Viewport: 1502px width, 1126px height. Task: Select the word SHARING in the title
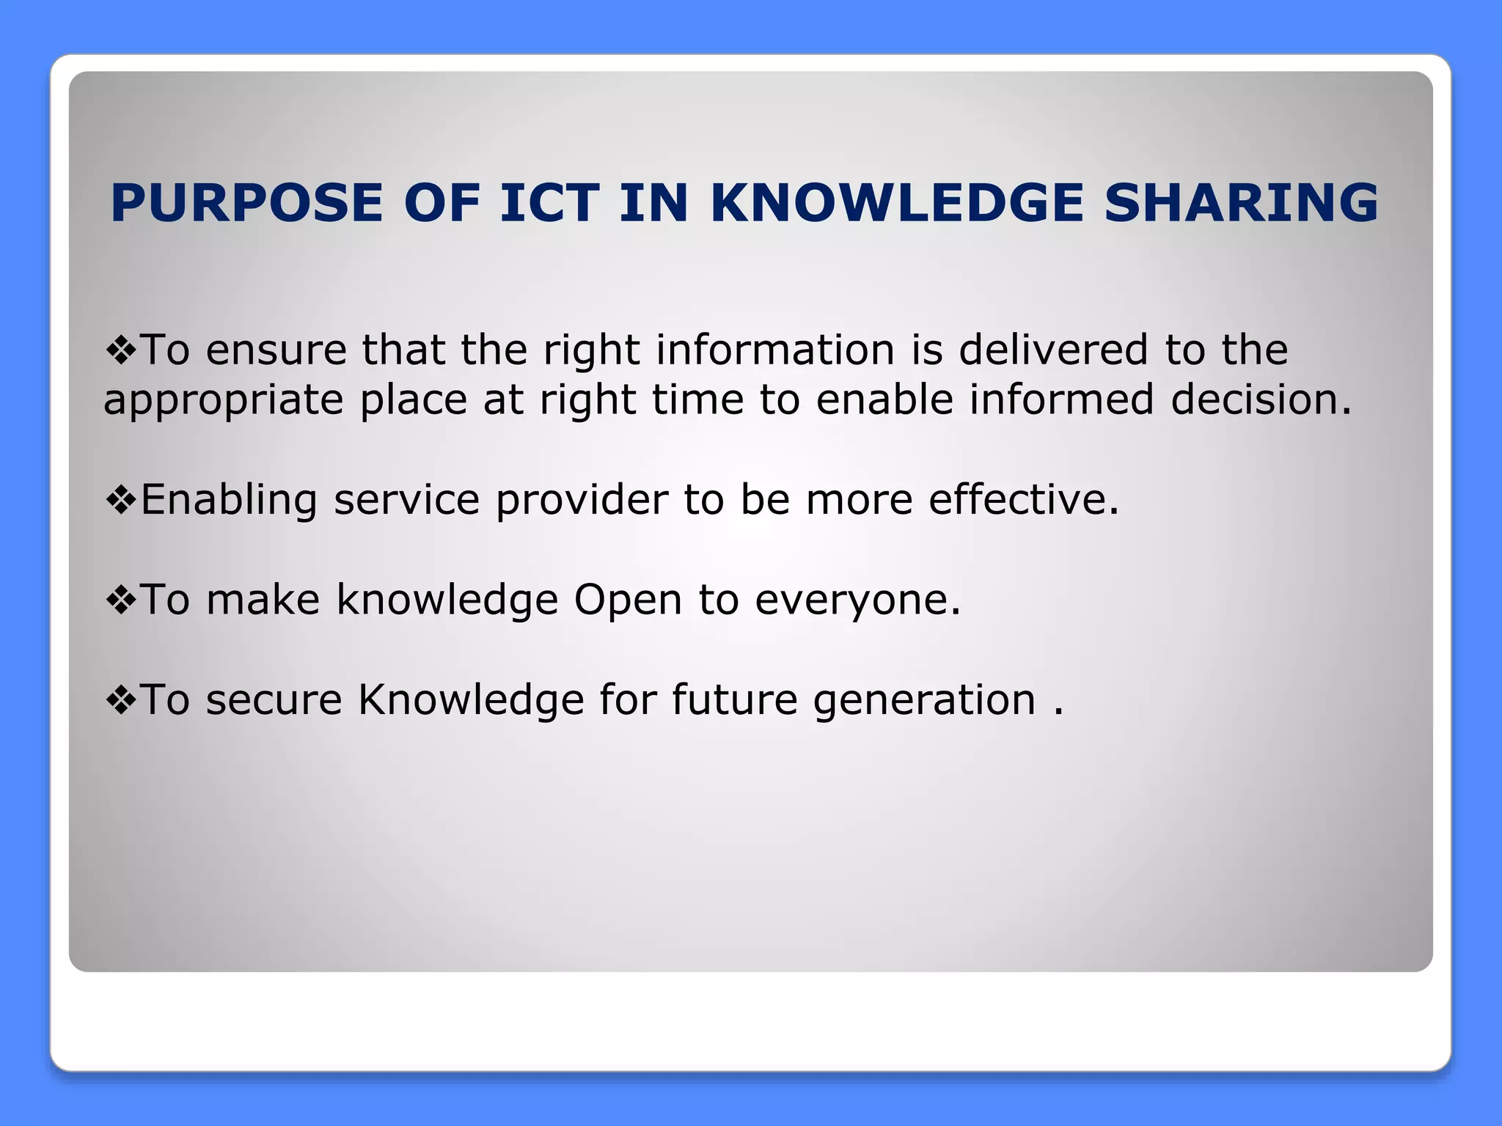[1241, 203]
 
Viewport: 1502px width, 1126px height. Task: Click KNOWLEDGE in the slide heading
[897, 203]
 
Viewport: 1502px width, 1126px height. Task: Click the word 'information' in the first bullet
[774, 350]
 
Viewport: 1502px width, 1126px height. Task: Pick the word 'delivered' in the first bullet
[1052, 350]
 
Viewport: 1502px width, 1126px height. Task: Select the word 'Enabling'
[228, 501]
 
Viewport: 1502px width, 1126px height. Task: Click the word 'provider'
[581, 501]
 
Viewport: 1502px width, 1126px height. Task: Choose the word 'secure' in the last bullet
[274, 700]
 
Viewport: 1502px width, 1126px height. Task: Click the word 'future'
[734, 700]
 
